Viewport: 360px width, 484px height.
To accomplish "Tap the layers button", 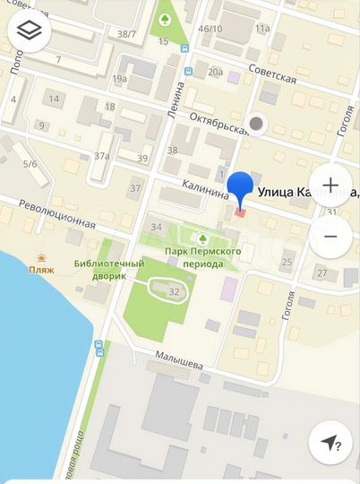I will [30, 31].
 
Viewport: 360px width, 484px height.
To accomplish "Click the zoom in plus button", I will [330, 186].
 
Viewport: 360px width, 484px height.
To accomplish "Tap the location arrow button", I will [330, 443].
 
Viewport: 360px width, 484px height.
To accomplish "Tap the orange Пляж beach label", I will [41, 268].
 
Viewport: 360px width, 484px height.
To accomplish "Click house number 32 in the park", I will [174, 292].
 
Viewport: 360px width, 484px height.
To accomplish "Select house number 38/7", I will [127, 35].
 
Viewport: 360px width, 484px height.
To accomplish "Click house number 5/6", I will [30, 164].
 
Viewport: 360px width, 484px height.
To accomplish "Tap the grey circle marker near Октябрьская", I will [258, 124].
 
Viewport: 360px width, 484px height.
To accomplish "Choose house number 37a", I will [101, 156].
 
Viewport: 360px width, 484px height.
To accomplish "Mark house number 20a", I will [215, 73].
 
